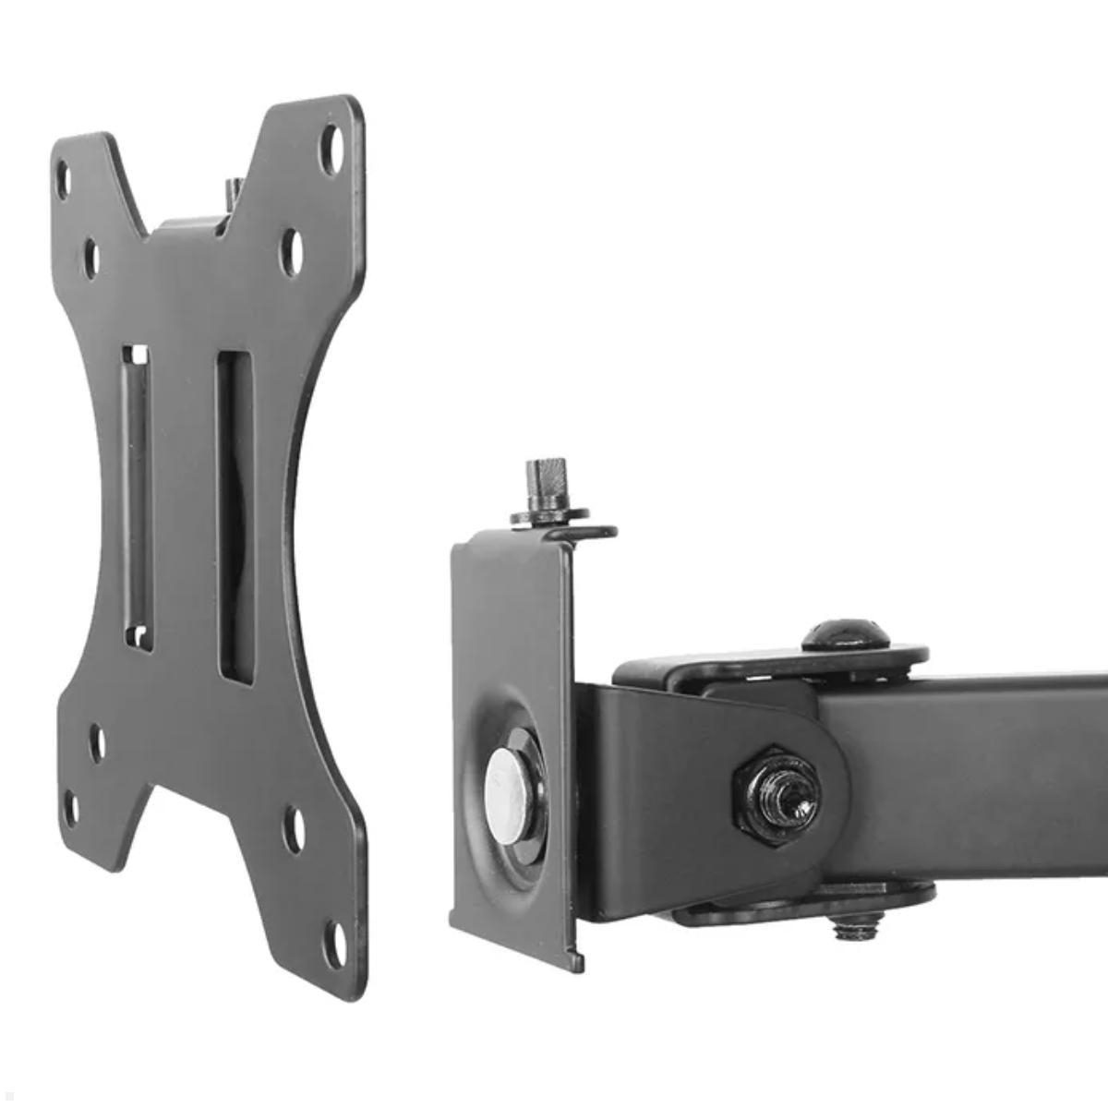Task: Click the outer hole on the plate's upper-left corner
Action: [x=64, y=178]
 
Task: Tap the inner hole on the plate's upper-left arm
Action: [x=91, y=259]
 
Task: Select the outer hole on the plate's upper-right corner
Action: [x=331, y=149]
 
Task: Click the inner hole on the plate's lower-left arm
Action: [x=96, y=743]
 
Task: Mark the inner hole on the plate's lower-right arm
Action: [x=295, y=828]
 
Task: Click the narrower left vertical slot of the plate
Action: [x=137, y=499]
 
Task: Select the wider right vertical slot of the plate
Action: [x=235, y=517]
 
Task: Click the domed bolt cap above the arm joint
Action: [x=845, y=635]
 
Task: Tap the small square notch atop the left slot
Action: [x=138, y=354]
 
